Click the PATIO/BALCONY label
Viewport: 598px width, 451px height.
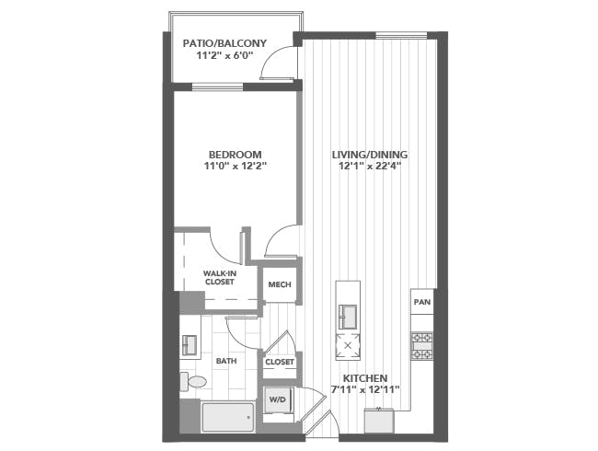tap(224, 43)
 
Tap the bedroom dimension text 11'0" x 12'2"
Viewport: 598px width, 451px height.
tap(235, 166)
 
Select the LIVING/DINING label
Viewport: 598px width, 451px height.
tap(370, 155)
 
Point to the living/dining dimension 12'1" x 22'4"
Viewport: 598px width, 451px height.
tap(369, 166)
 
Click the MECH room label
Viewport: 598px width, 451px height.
tap(280, 284)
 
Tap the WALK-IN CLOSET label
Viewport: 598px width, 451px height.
tap(219, 278)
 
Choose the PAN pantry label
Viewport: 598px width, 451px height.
tap(422, 302)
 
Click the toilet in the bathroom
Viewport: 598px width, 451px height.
tap(193, 381)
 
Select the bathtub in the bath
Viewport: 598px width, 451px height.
tap(228, 417)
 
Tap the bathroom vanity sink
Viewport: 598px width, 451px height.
tap(190, 345)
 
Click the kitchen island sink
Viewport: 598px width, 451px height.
tap(348, 317)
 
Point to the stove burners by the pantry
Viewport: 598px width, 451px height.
tap(421, 346)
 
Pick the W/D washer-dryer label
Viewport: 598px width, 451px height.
tap(278, 399)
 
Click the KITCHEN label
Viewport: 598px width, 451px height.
tap(365, 378)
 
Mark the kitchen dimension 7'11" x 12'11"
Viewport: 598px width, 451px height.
tap(365, 389)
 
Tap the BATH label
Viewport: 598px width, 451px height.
tap(226, 361)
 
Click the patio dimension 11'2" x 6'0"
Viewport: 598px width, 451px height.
tap(225, 56)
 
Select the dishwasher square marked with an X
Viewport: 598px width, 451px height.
tap(348, 346)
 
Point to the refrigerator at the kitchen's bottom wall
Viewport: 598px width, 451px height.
tap(379, 421)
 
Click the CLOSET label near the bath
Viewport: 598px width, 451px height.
tap(280, 362)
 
